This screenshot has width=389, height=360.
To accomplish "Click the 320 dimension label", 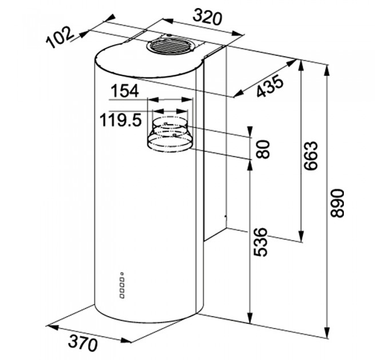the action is coord(207,17).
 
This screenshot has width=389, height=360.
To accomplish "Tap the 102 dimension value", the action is coord(59,37).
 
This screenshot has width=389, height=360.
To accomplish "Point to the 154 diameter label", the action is coord(125,91).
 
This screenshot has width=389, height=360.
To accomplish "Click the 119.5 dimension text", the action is coord(121,121).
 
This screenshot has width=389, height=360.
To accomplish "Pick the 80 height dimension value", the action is coord(263,149).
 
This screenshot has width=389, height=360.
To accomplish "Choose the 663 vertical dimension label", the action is coord(311,156).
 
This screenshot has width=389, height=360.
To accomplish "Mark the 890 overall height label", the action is coord(338,203).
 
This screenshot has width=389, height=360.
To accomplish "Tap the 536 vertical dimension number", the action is coord(261,242).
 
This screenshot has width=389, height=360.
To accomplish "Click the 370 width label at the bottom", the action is coord(83,343).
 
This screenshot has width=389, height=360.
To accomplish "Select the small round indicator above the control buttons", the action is coord(122,274).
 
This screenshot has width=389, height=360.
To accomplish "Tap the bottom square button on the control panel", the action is coord(122,295).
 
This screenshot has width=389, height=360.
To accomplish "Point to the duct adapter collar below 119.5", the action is coord(170,134).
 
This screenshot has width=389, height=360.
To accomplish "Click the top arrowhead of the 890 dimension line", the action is coord(328,70).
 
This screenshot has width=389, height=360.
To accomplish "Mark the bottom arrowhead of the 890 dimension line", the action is coord(328,333).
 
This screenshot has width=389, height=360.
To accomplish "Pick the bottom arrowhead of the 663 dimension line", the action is coord(301,237).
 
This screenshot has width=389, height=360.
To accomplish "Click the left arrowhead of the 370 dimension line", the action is coord(53,327).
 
